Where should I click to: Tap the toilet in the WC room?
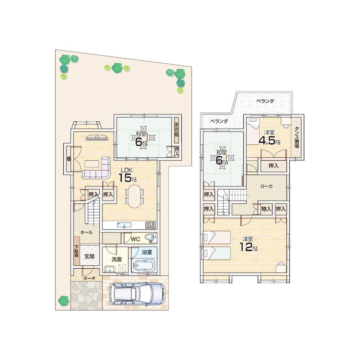tap(150, 238)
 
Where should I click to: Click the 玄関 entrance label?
tap(89, 256)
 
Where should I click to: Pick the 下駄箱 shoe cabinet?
tap(77, 251)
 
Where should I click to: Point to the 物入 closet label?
tap(266, 208)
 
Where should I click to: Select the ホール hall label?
tap(86, 233)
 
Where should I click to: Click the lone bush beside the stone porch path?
tap(64, 300)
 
